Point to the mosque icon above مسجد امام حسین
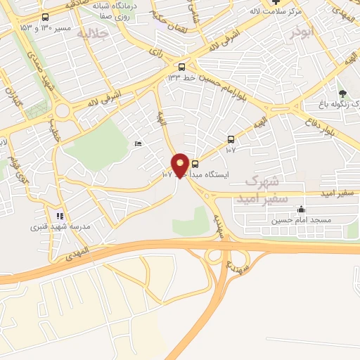click(302, 209)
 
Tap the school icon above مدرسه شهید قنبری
click(60, 216)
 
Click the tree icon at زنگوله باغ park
click(342, 93)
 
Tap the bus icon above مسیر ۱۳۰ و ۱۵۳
click(46, 17)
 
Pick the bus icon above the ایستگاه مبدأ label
click(195, 165)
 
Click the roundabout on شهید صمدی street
click(63, 109)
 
